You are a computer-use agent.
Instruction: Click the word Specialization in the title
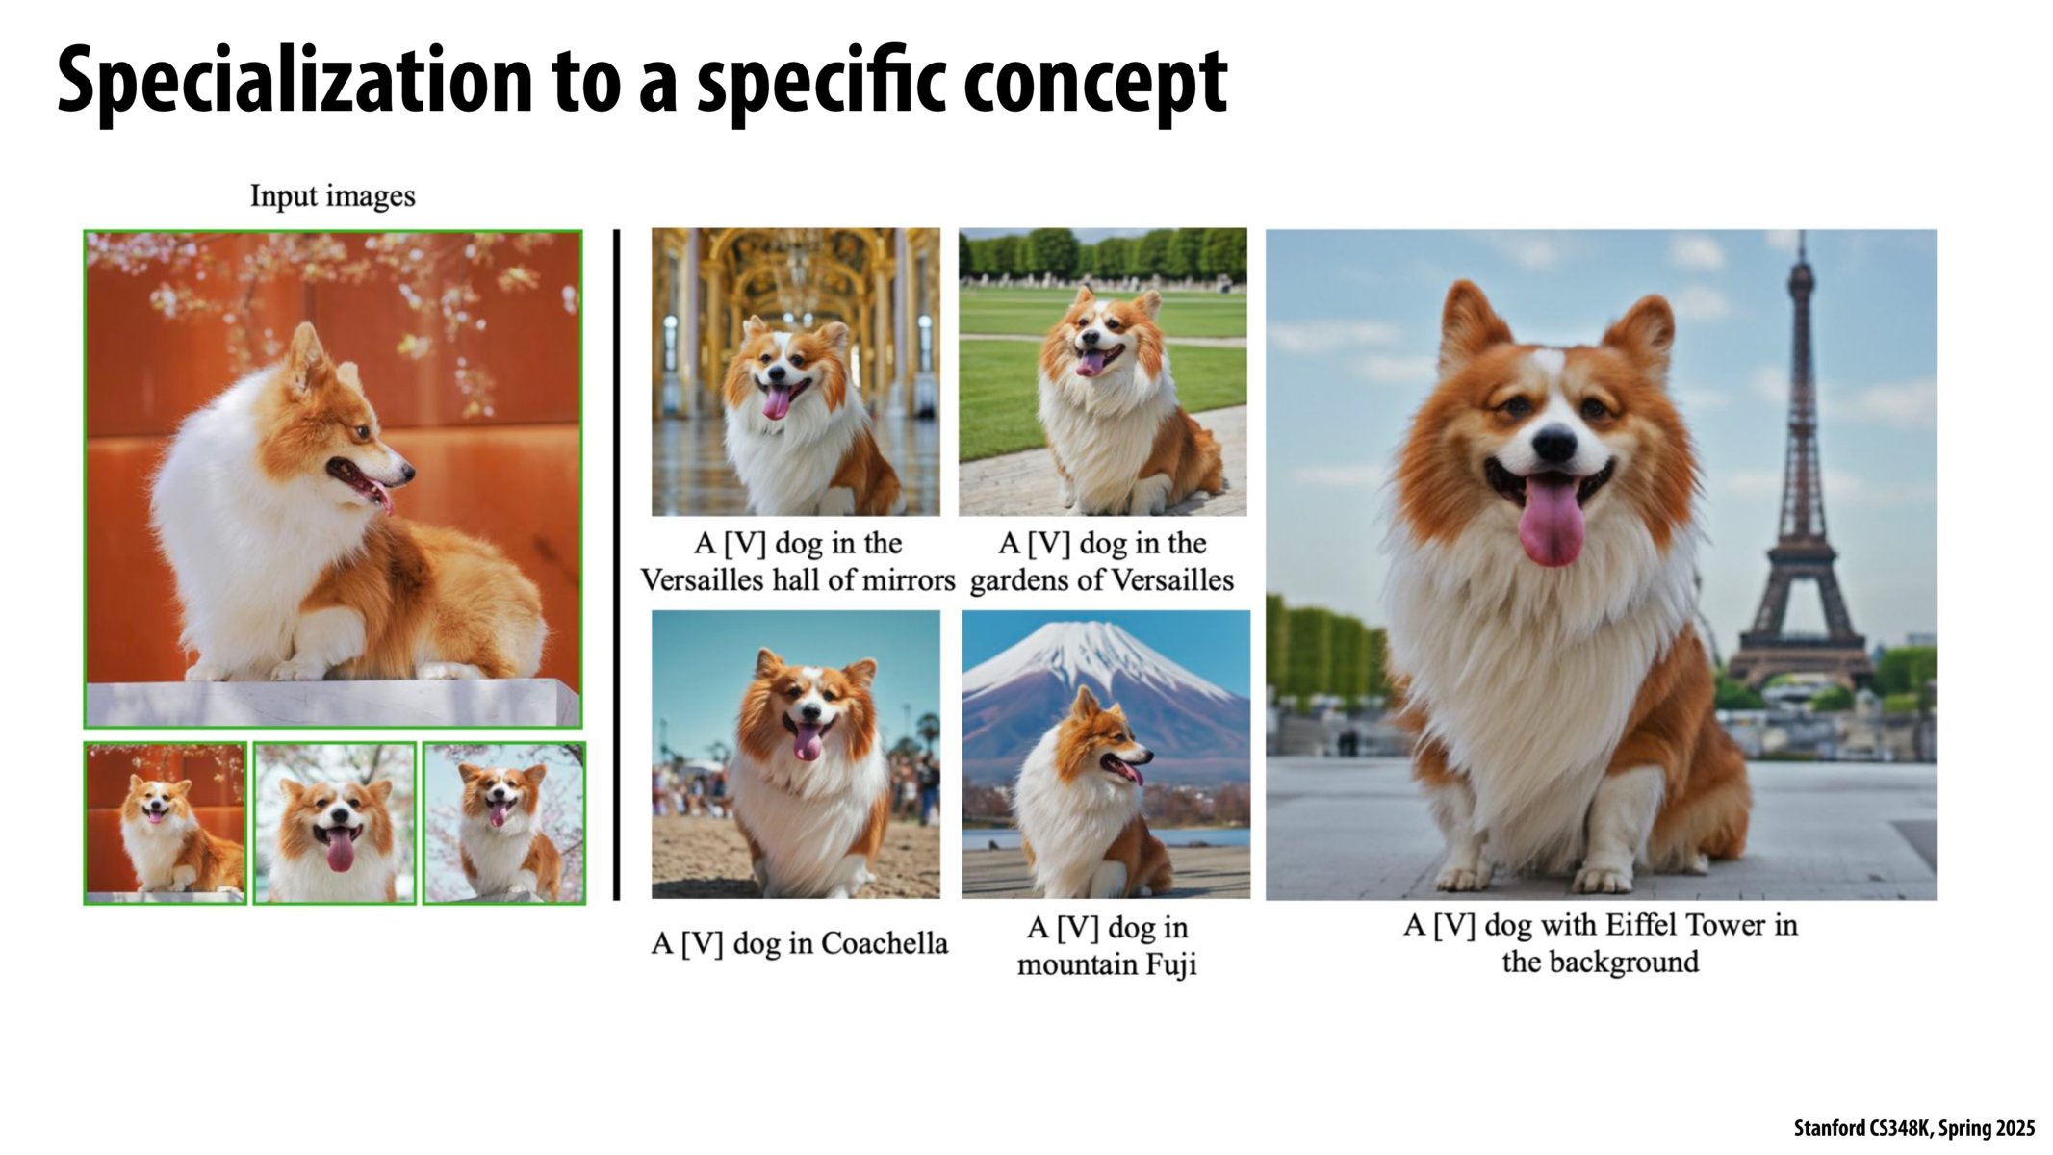click(x=294, y=82)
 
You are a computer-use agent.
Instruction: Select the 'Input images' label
click(x=332, y=196)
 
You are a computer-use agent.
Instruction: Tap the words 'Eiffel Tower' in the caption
click(x=1681, y=926)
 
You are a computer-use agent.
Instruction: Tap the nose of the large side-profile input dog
click(x=408, y=472)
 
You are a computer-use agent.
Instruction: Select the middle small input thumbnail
click(x=335, y=823)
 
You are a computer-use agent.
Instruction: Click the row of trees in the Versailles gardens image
click(x=1102, y=254)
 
